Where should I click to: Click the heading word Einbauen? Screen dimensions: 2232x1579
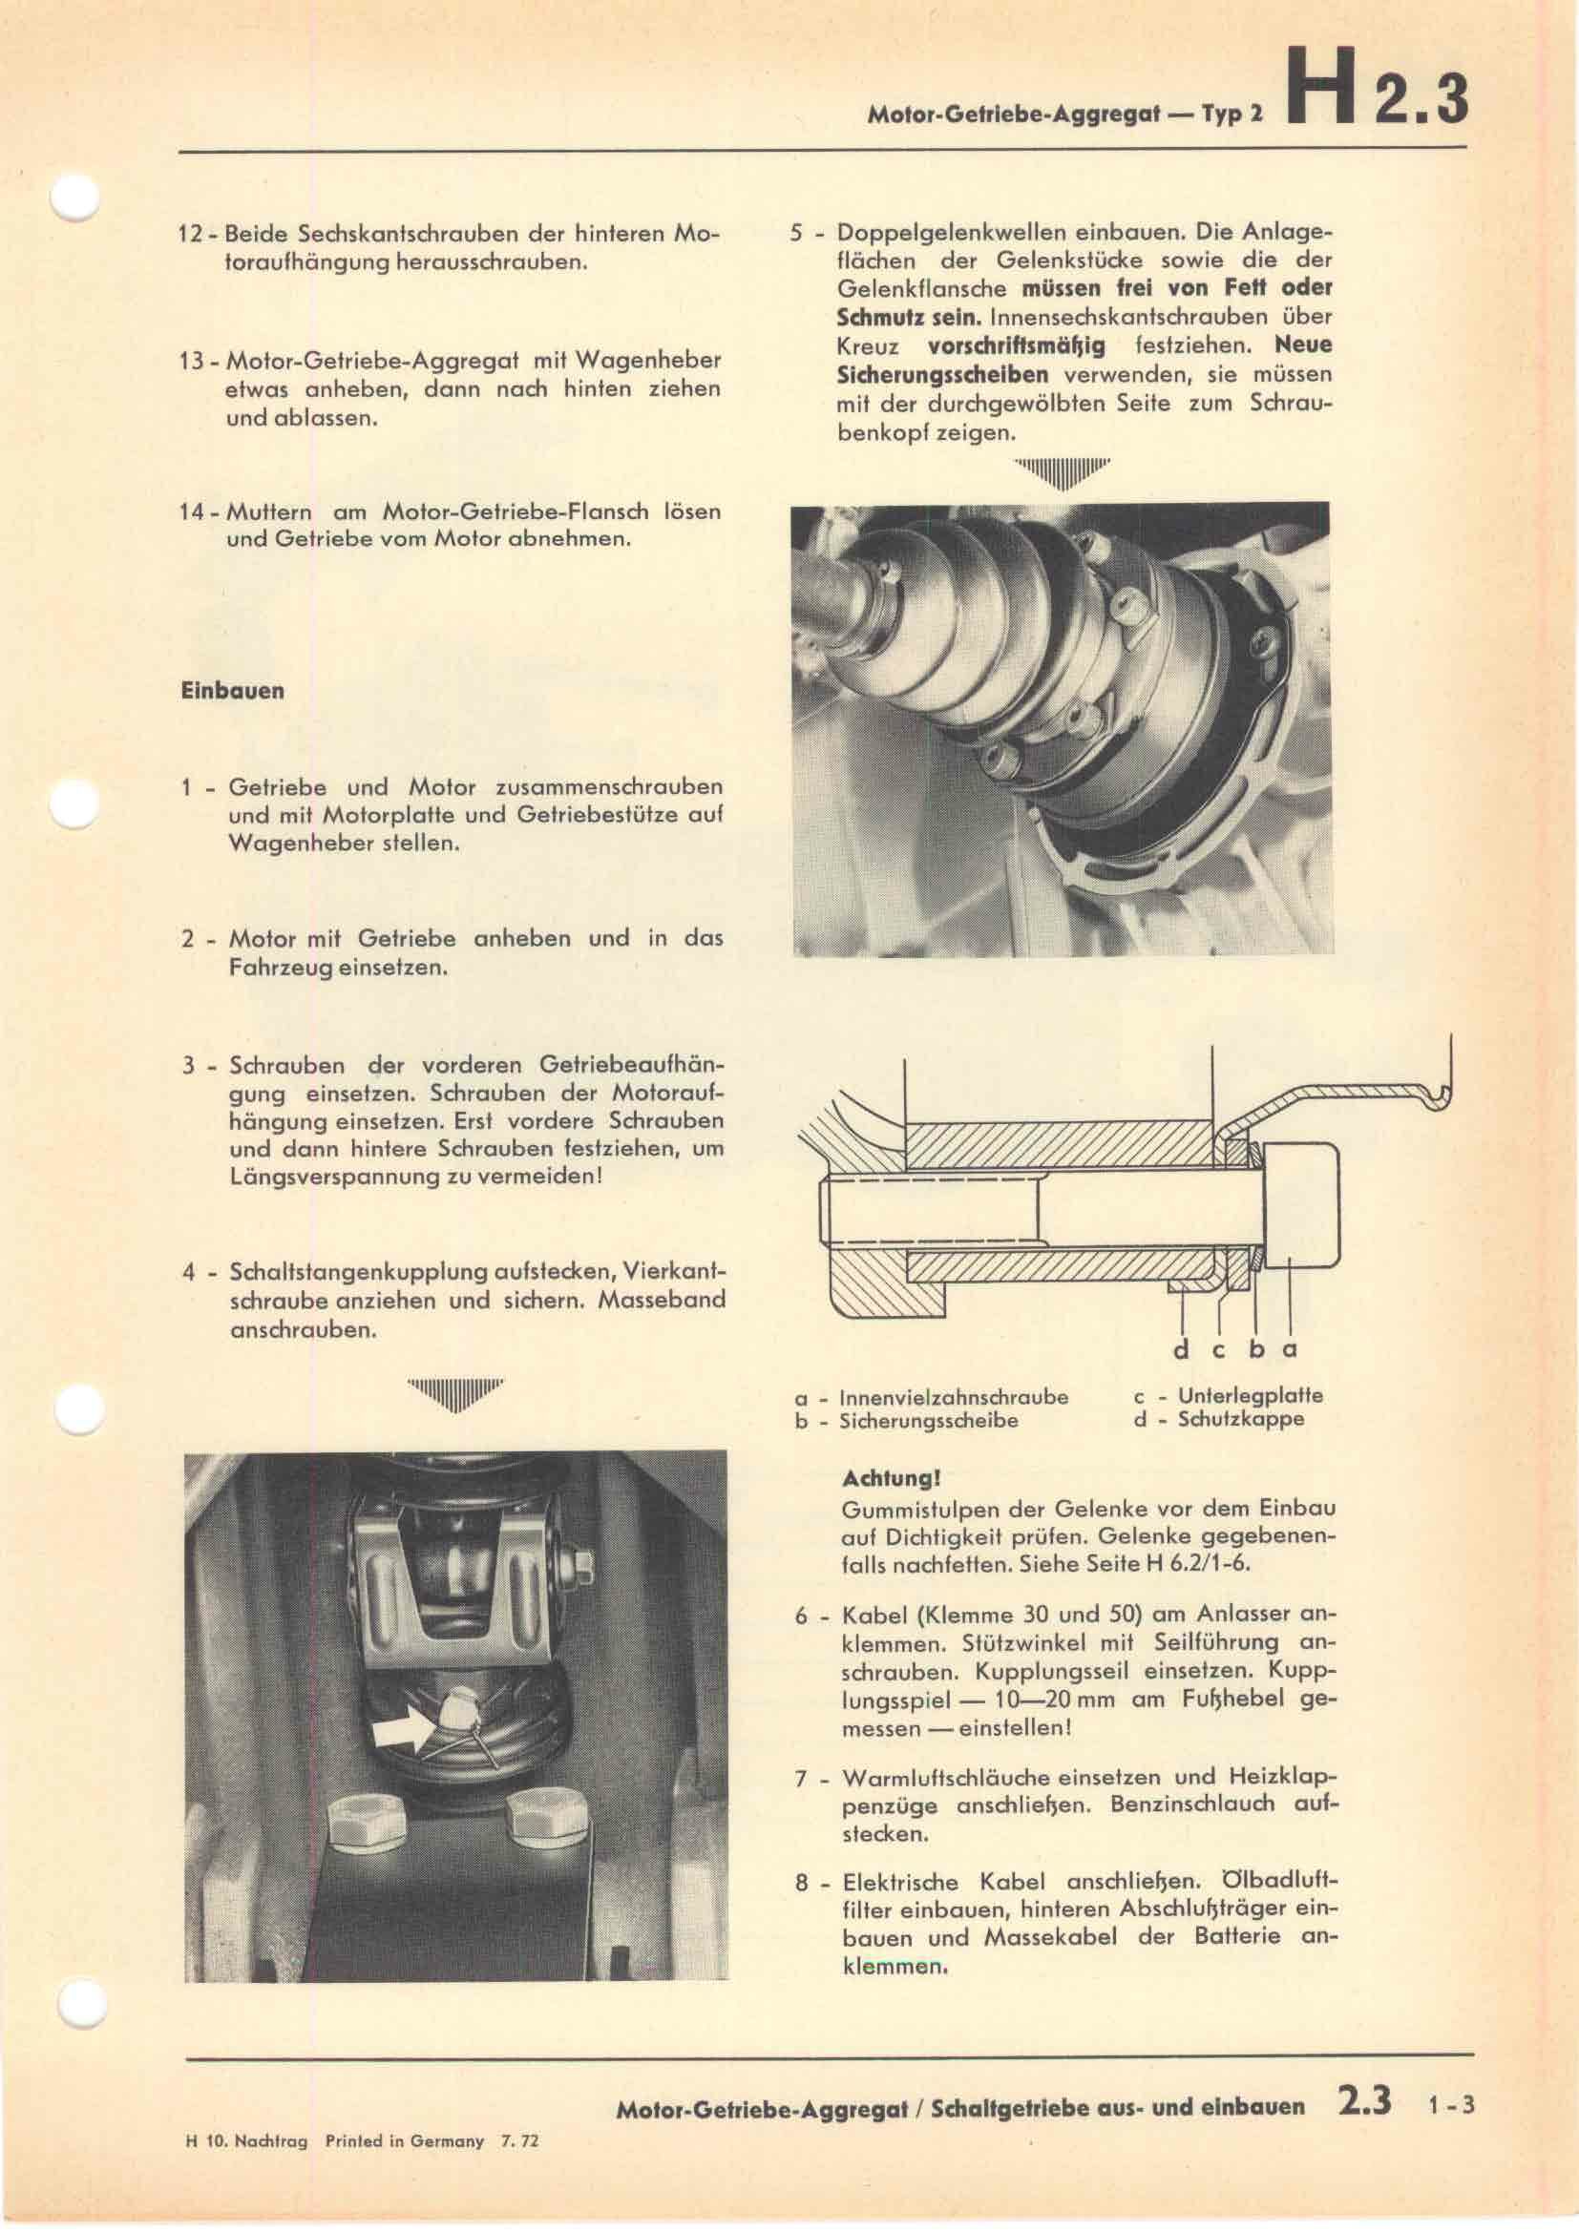(232, 691)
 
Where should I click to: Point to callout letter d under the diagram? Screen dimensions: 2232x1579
(1181, 1349)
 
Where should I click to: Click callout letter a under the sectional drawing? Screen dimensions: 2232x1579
(1291, 1349)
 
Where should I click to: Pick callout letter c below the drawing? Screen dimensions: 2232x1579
(1219, 1349)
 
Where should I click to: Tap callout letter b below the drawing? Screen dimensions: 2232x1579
(1255, 1349)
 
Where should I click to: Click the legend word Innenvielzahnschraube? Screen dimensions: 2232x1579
(953, 1397)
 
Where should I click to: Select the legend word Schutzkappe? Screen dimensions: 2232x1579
(1241, 1419)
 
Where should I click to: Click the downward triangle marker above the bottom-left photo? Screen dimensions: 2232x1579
(456, 1394)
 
